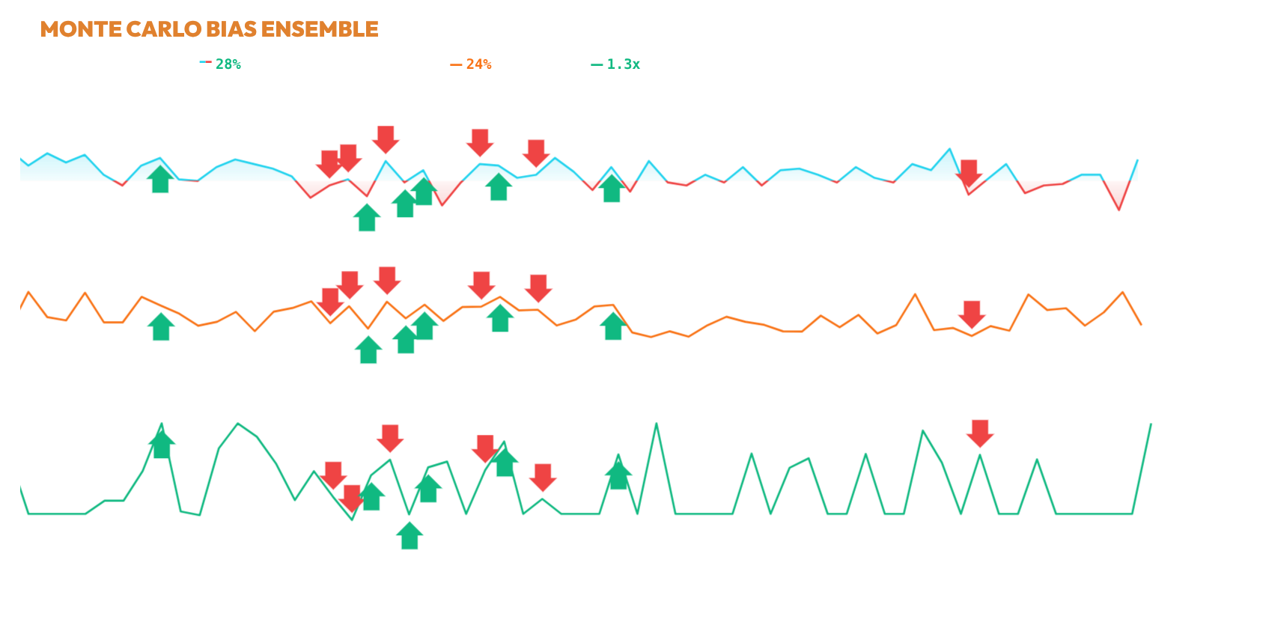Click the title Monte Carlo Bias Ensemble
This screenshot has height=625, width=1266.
pyautogui.click(x=209, y=29)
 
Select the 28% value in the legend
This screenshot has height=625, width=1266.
pyautogui.click(x=228, y=64)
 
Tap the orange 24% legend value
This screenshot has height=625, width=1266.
pyautogui.click(x=478, y=64)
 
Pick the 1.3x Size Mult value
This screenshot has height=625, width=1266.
pyautogui.click(x=623, y=64)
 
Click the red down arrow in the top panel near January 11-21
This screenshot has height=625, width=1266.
pyautogui.click(x=970, y=174)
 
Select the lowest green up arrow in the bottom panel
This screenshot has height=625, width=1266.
pyautogui.click(x=410, y=535)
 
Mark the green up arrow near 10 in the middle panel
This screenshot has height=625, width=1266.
pyautogui.click(x=161, y=326)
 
